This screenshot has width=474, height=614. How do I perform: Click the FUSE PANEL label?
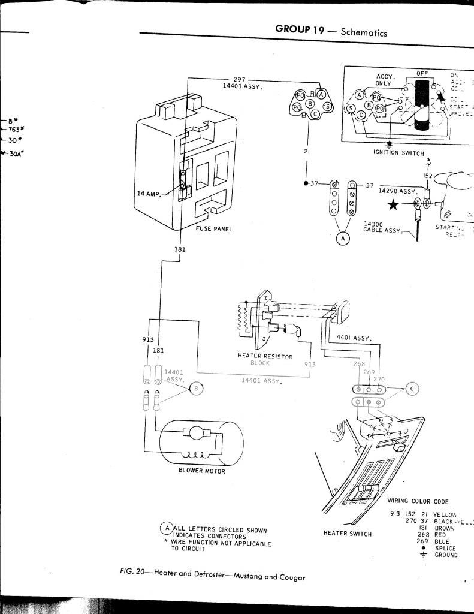click(214, 229)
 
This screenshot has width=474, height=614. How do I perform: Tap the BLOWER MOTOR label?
click(202, 471)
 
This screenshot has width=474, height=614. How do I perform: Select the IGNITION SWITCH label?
click(398, 153)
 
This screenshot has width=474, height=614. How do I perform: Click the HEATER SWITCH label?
click(348, 534)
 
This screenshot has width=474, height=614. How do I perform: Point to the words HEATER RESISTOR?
click(265, 356)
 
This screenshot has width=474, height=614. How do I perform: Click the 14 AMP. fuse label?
click(149, 194)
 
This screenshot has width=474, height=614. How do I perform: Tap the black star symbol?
click(393, 205)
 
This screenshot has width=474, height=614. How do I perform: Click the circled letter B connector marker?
click(195, 389)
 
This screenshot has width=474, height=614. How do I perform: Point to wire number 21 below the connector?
click(306, 152)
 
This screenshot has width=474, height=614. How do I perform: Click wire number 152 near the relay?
click(428, 176)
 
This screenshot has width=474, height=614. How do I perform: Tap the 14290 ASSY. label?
click(398, 191)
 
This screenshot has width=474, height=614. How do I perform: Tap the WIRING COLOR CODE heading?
click(418, 501)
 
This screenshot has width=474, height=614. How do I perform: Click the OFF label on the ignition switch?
click(422, 73)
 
